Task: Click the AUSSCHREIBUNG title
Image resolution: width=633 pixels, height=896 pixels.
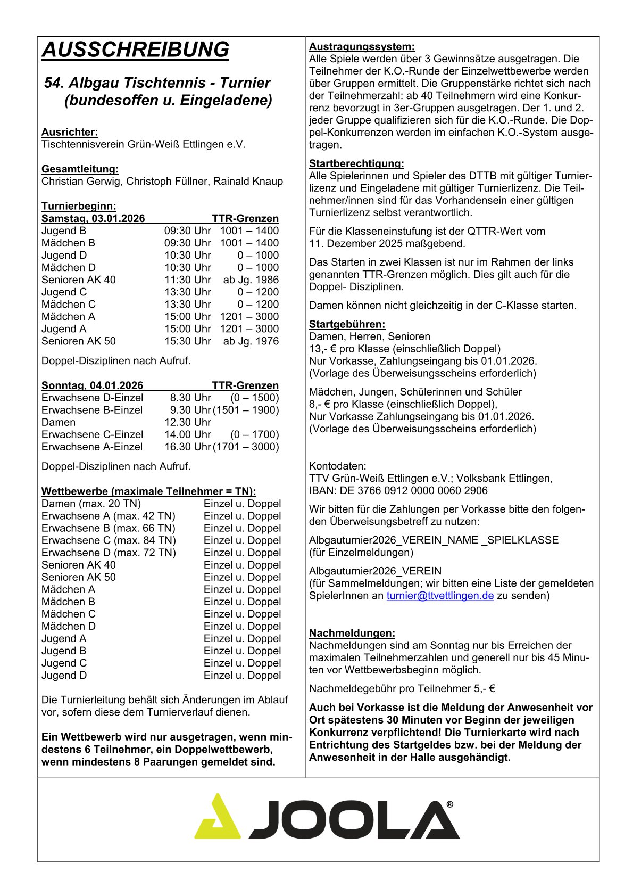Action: point(135,50)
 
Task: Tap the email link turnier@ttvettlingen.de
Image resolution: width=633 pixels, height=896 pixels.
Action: point(440,596)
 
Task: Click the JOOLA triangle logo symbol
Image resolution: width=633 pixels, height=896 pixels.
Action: point(216,817)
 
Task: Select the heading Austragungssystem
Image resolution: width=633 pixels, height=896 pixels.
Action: point(362,46)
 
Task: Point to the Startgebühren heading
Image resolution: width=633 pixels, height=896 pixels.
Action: point(347,324)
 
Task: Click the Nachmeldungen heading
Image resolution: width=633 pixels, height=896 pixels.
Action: point(352,633)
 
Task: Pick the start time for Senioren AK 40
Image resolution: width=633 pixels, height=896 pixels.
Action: point(187,280)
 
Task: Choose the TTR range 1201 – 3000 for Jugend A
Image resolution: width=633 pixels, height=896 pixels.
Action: point(249,329)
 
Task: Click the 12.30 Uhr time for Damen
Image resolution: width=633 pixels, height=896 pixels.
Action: point(187,422)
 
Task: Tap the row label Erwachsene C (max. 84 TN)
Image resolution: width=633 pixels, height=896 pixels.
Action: point(109,540)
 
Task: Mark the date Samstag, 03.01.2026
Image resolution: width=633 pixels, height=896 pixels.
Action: point(93,218)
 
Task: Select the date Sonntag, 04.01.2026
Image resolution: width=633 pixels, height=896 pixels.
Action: point(93,385)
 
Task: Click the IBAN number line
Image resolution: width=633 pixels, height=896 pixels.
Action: point(398,490)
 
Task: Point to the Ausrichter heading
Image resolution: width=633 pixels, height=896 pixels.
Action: point(70,132)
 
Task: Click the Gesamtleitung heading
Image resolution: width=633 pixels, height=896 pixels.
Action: point(80,169)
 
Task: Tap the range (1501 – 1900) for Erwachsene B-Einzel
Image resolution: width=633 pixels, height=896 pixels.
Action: point(246,410)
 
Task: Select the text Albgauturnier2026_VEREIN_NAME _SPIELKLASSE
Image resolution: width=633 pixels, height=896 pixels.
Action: point(434,540)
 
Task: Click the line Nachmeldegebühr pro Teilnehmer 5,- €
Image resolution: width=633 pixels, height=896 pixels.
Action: point(402,688)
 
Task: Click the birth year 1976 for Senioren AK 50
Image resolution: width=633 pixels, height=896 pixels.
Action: point(266,341)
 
